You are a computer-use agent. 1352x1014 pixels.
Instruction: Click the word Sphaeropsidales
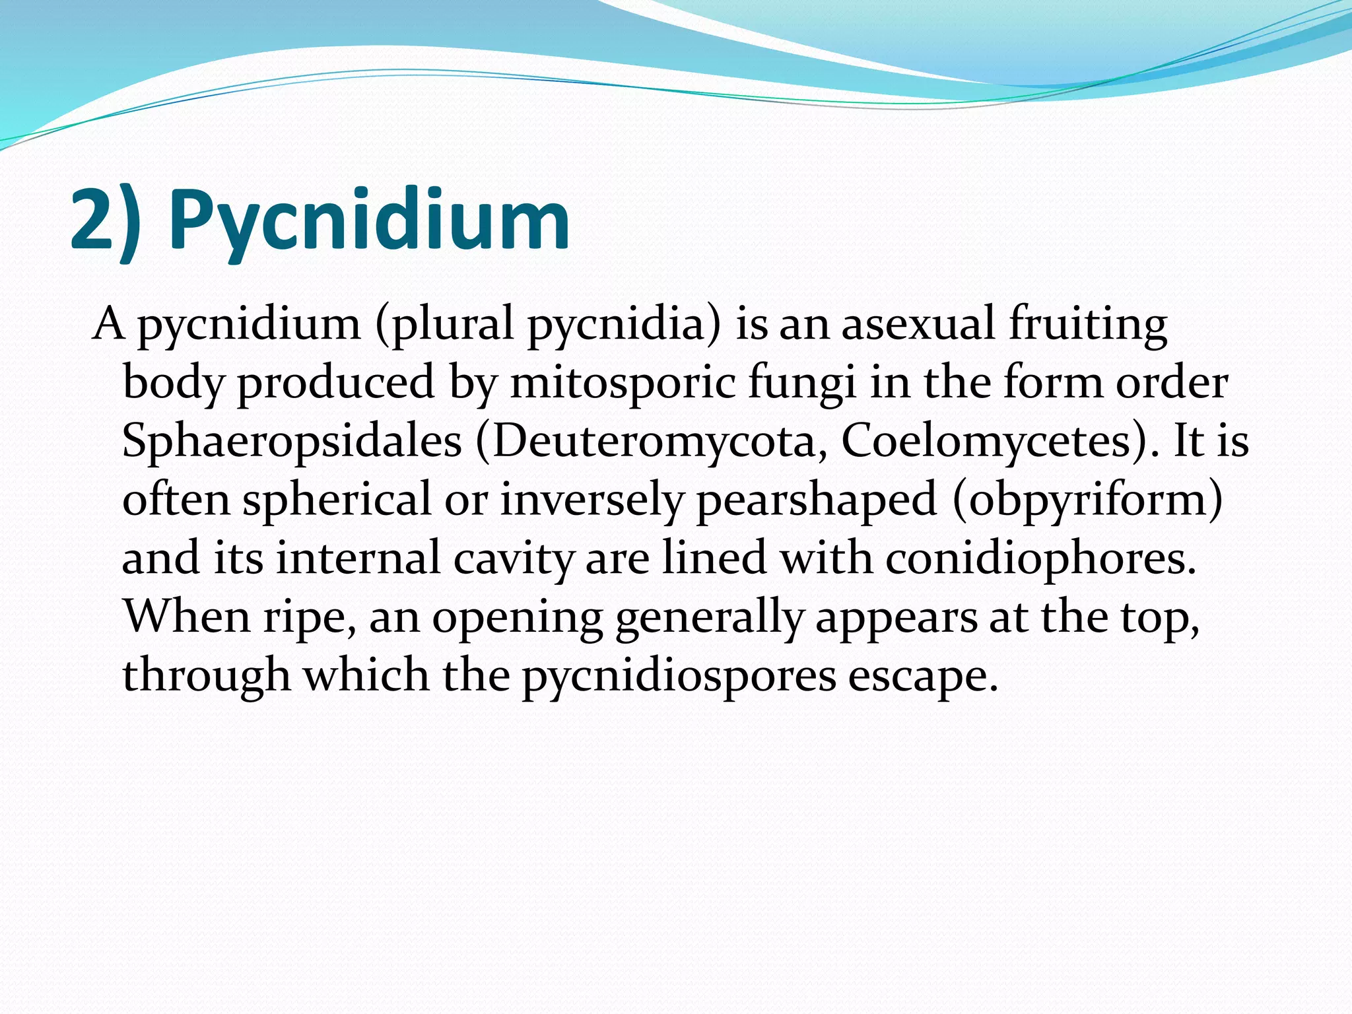292,441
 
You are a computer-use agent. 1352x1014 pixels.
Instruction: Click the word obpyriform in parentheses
1087,500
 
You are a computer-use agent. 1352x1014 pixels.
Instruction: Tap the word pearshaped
817,500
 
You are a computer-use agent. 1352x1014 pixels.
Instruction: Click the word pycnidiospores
679,677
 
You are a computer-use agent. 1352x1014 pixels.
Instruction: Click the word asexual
918,325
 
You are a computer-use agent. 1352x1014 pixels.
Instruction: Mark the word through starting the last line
206,677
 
